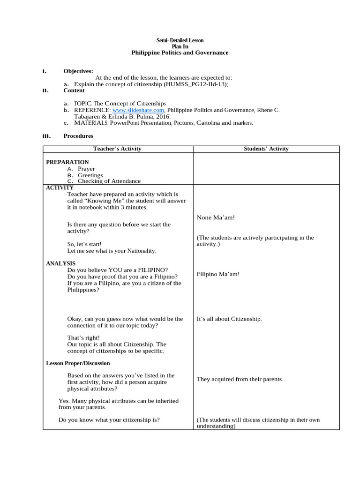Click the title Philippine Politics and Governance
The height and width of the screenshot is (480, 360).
click(x=180, y=53)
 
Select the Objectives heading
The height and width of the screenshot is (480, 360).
click(x=78, y=71)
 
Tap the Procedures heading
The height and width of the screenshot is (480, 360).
click(x=78, y=136)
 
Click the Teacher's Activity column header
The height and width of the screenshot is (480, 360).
click(x=117, y=149)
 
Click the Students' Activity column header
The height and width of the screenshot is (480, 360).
click(x=266, y=149)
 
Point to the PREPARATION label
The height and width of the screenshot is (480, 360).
click(x=67, y=162)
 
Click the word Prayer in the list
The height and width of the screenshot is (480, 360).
click(x=86, y=169)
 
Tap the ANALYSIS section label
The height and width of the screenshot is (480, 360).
click(x=60, y=263)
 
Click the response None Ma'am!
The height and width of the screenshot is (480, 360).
click(x=216, y=217)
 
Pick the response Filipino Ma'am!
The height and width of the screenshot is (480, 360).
click(x=218, y=274)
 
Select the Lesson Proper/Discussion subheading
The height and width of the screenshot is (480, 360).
click(x=78, y=363)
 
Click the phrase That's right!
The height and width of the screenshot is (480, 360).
click(x=83, y=337)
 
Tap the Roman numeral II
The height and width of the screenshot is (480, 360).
click(x=45, y=90)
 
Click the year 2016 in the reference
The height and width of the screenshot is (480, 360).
click(x=163, y=116)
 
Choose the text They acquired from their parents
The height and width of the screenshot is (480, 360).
click(x=240, y=379)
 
